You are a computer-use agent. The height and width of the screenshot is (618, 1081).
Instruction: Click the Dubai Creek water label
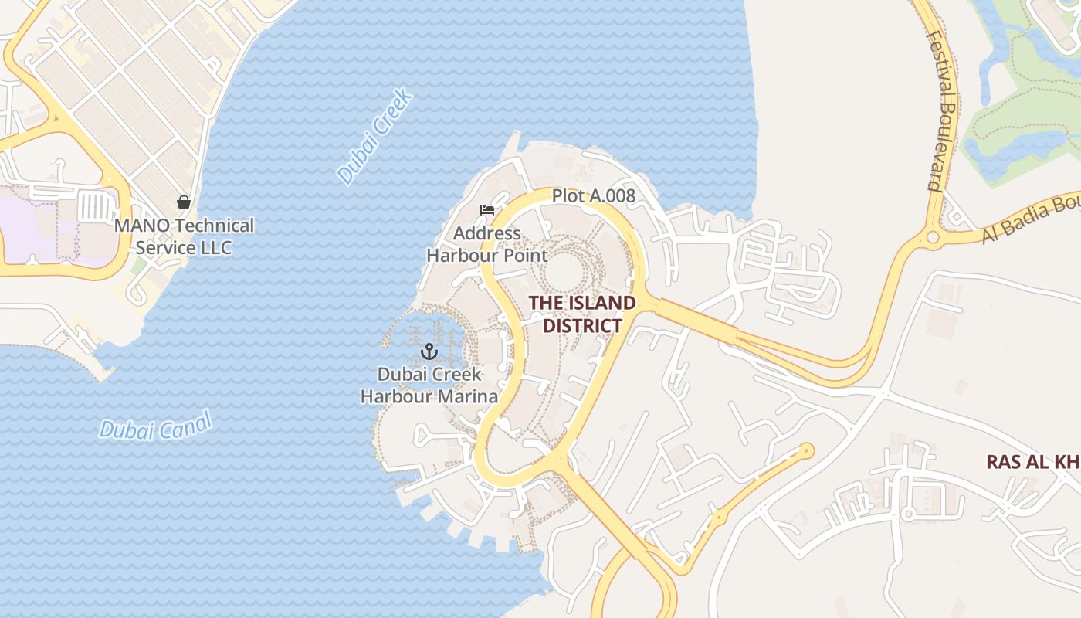click(376, 138)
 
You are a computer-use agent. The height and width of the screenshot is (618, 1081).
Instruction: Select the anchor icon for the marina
click(429, 352)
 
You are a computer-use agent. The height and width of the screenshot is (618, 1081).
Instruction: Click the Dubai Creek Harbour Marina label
click(429, 385)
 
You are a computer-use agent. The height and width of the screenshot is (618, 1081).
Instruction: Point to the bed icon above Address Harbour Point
click(486, 210)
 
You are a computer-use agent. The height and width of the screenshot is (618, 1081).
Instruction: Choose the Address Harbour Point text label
click(487, 244)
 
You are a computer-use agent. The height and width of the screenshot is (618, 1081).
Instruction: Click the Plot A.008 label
click(593, 196)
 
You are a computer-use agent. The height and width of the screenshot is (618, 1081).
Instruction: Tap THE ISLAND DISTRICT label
click(582, 314)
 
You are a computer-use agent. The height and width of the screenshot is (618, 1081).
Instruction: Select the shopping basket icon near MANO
click(184, 202)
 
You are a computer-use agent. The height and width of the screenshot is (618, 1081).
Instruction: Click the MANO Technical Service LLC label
click(184, 236)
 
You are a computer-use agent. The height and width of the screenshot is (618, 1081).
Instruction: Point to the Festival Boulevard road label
click(943, 110)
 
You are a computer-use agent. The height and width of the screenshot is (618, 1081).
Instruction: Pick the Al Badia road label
click(1030, 219)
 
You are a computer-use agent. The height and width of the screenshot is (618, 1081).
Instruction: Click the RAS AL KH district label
click(1032, 462)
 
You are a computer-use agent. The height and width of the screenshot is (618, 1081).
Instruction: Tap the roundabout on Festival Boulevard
click(933, 236)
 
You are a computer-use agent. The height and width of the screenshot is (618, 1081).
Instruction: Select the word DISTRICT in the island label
click(582, 325)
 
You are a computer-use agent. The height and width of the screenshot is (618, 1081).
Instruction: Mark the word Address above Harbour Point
click(487, 233)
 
